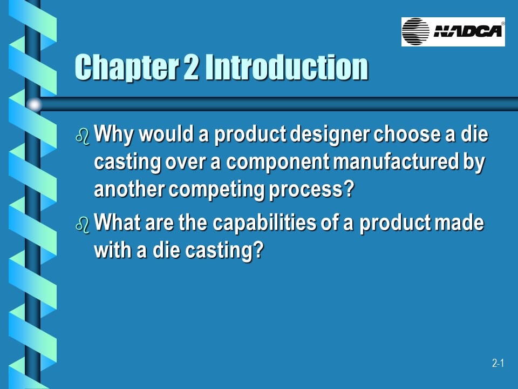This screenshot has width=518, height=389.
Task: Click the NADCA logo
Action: click(453, 31)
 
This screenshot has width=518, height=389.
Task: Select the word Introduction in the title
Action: click(287, 68)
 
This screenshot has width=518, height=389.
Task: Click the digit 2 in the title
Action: click(192, 68)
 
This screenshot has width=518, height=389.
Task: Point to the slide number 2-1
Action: click(497, 364)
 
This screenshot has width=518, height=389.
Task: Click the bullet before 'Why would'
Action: click(81, 136)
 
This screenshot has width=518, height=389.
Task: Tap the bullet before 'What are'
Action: click(81, 225)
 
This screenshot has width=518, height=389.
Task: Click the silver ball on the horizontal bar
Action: click(34, 104)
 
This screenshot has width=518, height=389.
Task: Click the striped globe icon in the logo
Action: click(416, 31)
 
